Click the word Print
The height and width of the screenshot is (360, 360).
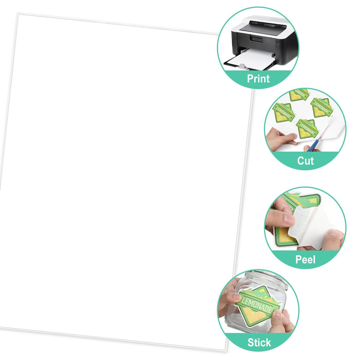[258, 79]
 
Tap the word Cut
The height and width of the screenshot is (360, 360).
[305, 161]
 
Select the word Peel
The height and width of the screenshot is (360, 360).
[305, 260]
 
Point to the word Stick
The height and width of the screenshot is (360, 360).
[259, 343]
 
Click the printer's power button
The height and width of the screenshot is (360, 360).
[279, 42]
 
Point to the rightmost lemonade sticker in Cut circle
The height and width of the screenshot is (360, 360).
[322, 108]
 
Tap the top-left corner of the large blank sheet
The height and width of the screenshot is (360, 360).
[18, 14]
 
